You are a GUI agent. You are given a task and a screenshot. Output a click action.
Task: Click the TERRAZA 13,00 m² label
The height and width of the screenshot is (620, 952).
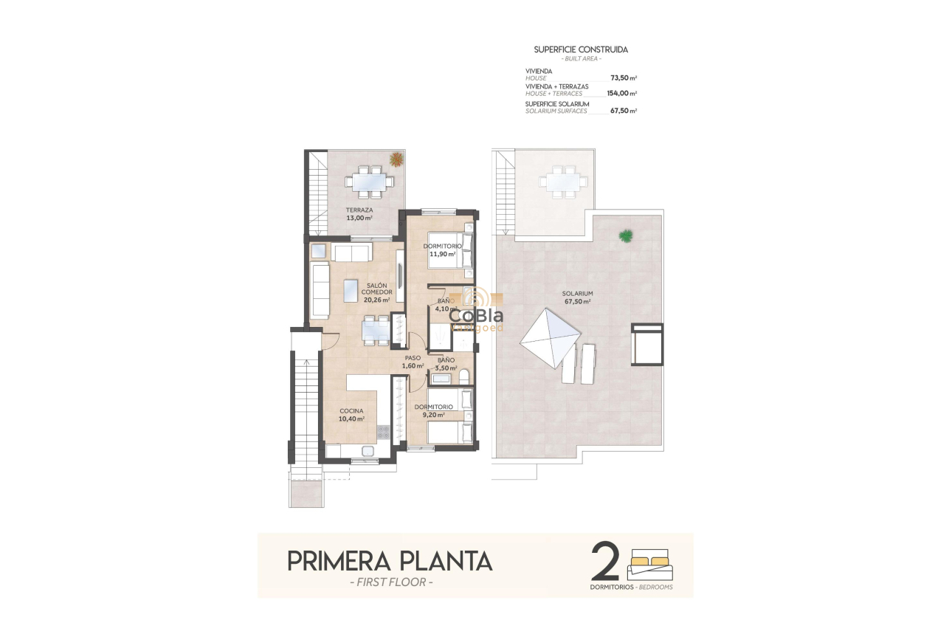click(x=359, y=214)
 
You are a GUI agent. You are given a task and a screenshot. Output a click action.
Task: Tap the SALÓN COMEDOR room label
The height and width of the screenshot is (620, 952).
click(x=376, y=292)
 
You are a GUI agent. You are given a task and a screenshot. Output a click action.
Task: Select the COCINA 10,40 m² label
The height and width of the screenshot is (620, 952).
click(x=351, y=415)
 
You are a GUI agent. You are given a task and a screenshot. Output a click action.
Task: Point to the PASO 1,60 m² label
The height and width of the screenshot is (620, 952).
click(x=413, y=362)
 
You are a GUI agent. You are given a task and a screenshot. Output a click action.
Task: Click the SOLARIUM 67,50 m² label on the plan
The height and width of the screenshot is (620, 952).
click(x=577, y=297)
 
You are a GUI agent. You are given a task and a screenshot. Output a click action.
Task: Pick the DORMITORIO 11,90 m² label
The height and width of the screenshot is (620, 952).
click(x=442, y=249)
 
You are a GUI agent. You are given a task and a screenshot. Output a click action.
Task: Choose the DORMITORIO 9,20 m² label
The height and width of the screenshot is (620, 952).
click(x=433, y=411)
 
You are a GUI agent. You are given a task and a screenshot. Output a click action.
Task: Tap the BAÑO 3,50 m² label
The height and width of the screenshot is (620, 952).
click(x=446, y=364)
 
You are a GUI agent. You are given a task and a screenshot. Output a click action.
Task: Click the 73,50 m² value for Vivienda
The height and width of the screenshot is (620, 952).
click(x=623, y=77)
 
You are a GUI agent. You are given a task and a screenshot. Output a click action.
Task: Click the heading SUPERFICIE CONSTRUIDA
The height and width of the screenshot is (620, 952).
click(x=581, y=49)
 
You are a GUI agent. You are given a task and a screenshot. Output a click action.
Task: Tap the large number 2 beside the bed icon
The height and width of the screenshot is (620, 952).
click(x=606, y=563)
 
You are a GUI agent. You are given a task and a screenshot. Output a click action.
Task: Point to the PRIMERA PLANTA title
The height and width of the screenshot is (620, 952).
click(x=390, y=561)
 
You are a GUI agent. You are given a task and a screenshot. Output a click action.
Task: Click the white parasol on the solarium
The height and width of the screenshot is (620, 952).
click(x=551, y=337)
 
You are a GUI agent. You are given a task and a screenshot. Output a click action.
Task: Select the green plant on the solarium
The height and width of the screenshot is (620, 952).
click(x=626, y=236)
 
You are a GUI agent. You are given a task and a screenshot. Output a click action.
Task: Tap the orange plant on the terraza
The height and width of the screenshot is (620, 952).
click(x=396, y=159)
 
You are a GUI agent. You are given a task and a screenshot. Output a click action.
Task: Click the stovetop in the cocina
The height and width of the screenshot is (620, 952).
click(x=384, y=432)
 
